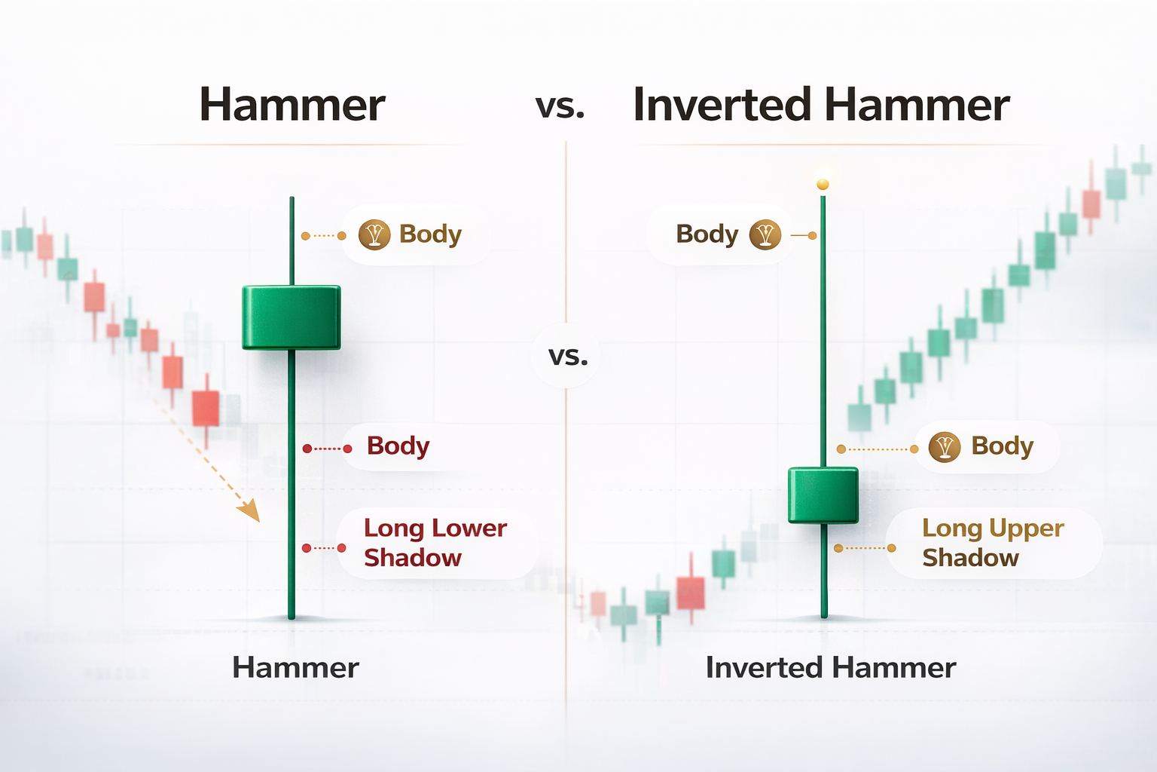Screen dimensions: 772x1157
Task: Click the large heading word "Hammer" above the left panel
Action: point(292,105)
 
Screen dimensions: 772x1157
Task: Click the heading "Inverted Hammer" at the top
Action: point(820,105)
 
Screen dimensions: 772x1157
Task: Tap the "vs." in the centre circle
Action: point(568,356)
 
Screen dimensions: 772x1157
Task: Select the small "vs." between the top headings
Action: point(560,107)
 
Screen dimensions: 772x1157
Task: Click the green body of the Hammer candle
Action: point(291,317)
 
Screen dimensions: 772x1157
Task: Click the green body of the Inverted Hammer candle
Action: point(823,495)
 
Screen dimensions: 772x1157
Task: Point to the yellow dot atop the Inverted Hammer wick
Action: point(823,185)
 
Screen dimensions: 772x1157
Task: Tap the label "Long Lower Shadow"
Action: point(435,543)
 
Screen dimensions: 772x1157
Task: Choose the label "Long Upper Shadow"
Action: point(992,543)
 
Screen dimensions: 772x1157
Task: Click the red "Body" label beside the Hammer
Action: point(398,446)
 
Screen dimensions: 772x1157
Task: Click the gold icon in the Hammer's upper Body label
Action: point(374,235)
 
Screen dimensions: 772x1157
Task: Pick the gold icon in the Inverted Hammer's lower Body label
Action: point(944,447)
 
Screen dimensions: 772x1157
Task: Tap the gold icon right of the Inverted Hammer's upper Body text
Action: point(765,235)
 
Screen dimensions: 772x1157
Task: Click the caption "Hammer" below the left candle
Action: point(295,668)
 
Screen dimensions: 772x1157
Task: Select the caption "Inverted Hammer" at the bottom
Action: point(830,668)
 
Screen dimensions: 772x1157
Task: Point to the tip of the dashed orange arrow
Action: point(258,521)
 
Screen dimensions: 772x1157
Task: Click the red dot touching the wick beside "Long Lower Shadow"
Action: point(307,548)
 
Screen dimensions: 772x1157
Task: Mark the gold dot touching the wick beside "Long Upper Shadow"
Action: point(838,548)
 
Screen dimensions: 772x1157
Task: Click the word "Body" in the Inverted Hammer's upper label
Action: point(707,234)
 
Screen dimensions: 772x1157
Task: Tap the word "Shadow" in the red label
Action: point(412,558)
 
